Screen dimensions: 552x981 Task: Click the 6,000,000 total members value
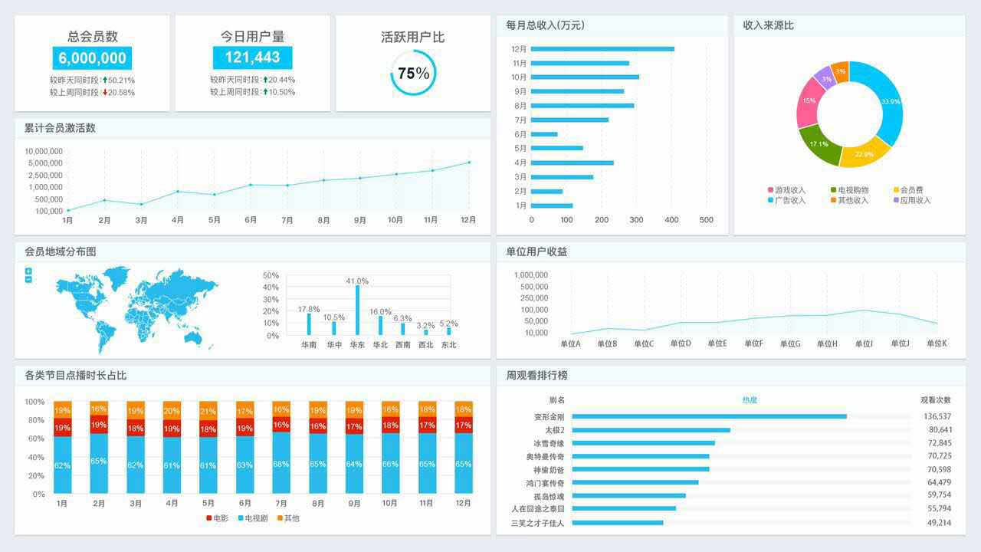click(x=92, y=58)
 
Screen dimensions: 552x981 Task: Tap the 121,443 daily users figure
click(x=252, y=58)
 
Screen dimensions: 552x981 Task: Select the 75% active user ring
click(x=413, y=74)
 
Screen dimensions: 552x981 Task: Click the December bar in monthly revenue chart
click(x=602, y=49)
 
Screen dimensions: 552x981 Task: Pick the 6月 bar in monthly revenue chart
click(x=544, y=134)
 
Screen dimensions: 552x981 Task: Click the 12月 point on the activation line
click(x=469, y=163)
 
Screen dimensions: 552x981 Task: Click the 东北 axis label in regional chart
click(x=448, y=345)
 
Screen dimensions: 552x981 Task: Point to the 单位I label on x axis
click(x=864, y=344)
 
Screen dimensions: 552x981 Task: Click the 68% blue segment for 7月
click(x=281, y=463)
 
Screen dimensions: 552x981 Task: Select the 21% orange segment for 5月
click(x=208, y=410)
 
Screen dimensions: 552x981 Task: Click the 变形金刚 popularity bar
click(x=709, y=416)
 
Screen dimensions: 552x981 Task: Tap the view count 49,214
click(x=939, y=523)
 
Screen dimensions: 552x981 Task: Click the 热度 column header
click(x=749, y=400)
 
